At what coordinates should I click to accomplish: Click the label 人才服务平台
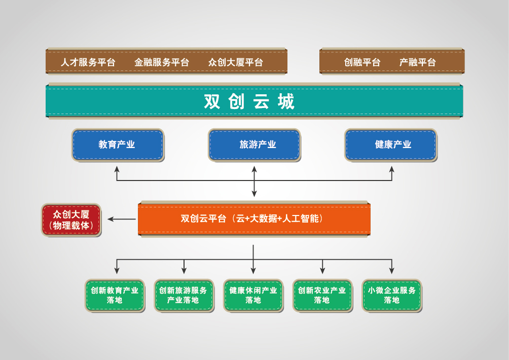pyautogui.click(x=88, y=62)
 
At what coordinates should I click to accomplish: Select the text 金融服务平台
pyautogui.click(x=162, y=62)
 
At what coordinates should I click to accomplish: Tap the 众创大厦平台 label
pyautogui.click(x=235, y=62)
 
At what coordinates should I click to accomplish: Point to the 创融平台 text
pyautogui.click(x=362, y=62)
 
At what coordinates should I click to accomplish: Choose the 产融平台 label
pyautogui.click(x=417, y=62)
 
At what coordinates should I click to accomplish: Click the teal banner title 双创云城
pyautogui.click(x=249, y=101)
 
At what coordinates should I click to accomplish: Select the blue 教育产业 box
pyautogui.click(x=118, y=145)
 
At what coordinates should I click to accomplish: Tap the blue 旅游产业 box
pyautogui.click(x=254, y=145)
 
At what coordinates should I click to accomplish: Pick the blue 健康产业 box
pyautogui.click(x=391, y=145)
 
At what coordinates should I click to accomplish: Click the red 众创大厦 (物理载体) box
pyautogui.click(x=71, y=220)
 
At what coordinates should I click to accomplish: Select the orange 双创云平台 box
pyautogui.click(x=254, y=219)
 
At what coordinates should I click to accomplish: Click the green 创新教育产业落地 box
pyautogui.click(x=115, y=296)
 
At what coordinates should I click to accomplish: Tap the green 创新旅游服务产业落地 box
pyautogui.click(x=184, y=296)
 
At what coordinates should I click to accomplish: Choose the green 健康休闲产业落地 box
pyautogui.click(x=253, y=296)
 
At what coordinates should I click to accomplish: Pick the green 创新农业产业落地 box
pyautogui.click(x=322, y=296)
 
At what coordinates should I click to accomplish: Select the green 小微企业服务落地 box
pyautogui.click(x=392, y=296)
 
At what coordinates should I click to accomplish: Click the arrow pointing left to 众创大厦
pyautogui.click(x=122, y=219)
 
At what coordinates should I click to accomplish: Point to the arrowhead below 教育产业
pyautogui.click(x=117, y=169)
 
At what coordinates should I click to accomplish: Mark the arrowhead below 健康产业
pyautogui.click(x=392, y=169)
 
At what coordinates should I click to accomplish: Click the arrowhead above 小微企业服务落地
pyautogui.click(x=392, y=271)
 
